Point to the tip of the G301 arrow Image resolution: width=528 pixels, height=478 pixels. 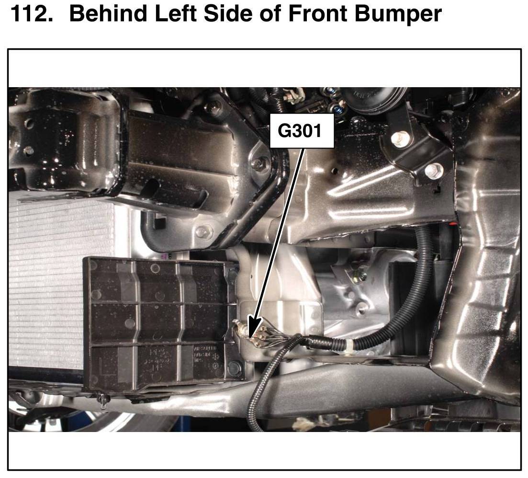tap(249, 337)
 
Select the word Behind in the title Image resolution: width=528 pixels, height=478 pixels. tap(108, 14)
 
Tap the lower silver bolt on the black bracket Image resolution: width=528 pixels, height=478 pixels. tap(433, 170)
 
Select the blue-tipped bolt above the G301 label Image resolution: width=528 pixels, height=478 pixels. tap(336, 108)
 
